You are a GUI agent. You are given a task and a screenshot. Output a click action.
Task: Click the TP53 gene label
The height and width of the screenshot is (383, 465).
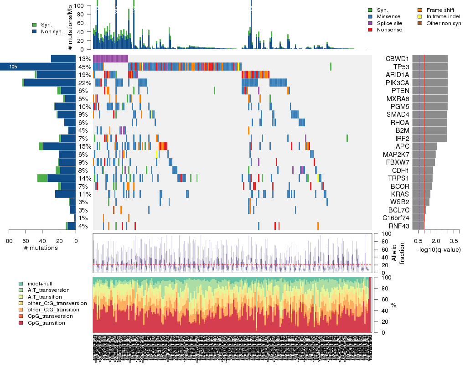[x=398, y=67]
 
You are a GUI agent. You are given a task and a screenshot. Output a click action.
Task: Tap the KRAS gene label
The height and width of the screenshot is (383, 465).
[x=398, y=194]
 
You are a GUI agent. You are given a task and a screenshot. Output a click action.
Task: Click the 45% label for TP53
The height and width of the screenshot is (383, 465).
[x=84, y=67]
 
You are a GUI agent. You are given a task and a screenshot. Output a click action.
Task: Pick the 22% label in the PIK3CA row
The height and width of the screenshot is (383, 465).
[x=84, y=83]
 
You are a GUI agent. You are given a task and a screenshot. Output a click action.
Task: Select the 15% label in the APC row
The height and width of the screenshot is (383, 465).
[x=84, y=146]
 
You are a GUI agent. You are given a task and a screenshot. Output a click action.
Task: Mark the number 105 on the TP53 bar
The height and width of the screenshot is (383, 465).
[x=13, y=67]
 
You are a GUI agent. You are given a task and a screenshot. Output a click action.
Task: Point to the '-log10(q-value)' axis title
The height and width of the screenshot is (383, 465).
[x=438, y=249]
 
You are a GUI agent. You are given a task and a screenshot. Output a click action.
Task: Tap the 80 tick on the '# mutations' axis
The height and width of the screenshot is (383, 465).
[x=9, y=241]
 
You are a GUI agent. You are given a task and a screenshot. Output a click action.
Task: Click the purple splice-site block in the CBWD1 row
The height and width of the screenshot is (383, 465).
[x=110, y=58]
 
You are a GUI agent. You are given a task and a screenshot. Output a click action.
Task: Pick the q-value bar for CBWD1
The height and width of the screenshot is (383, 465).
[x=430, y=58]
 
